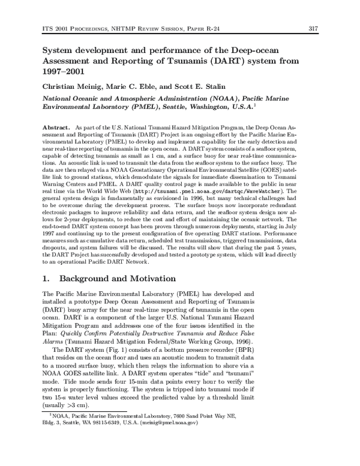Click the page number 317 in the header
coord(311,28)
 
